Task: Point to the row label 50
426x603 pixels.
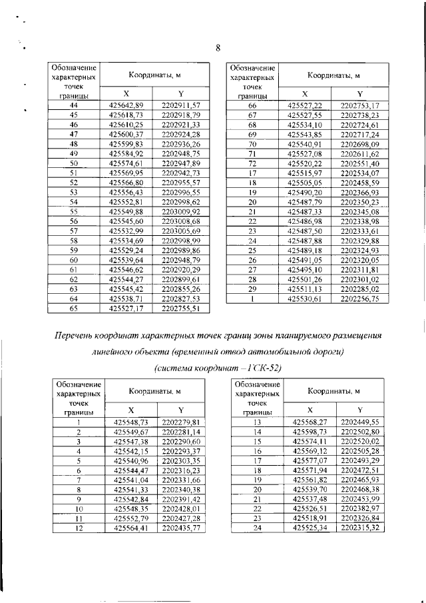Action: pyautogui.click(x=74, y=163)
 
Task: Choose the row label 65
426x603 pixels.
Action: pyautogui.click(x=74, y=308)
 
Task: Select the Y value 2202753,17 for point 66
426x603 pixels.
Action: pyautogui.click(x=359, y=105)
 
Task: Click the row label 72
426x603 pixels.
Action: pyautogui.click(x=252, y=163)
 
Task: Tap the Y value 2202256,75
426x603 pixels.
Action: pyautogui.click(x=359, y=299)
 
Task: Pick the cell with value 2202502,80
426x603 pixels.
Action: pyautogui.click(x=359, y=432)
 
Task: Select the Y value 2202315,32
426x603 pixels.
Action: pyautogui.click(x=359, y=528)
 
